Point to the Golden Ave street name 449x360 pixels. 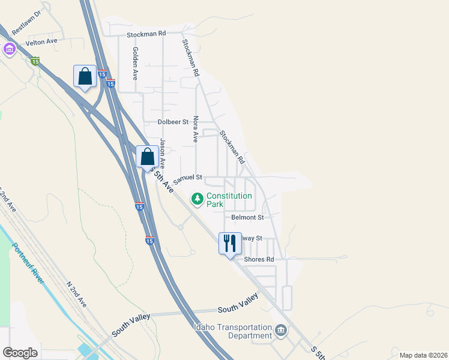coord(136,64)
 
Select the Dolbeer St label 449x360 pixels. coord(173,122)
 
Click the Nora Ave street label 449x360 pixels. coord(195,129)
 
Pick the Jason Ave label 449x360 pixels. coord(162,154)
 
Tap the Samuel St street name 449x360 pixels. coord(187,179)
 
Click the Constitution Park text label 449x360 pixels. coord(223,200)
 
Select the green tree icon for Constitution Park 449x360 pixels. coord(197,199)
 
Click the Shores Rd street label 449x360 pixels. coord(259,259)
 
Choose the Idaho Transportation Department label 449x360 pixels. coord(232,331)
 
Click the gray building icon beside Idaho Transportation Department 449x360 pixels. coord(280,331)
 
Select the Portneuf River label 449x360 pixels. coord(28,263)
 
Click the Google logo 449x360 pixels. coord(20,353)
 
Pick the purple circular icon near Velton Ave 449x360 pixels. coord(9,49)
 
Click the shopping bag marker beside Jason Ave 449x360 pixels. coord(148,157)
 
